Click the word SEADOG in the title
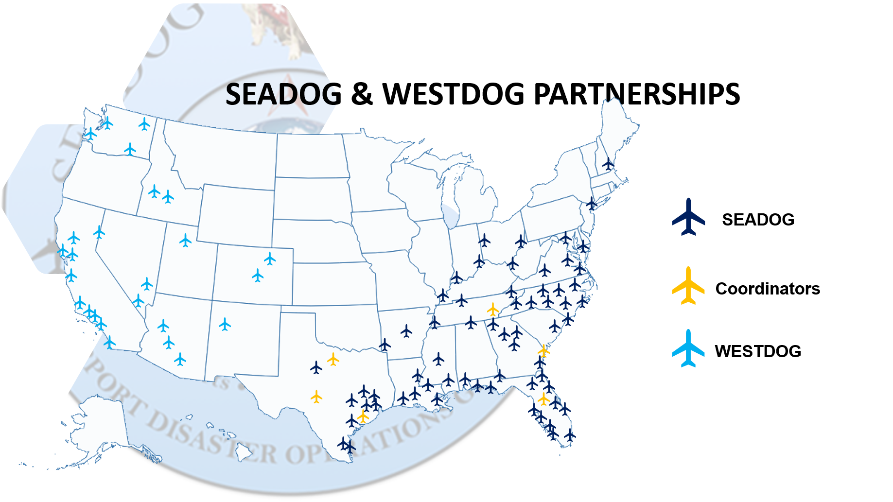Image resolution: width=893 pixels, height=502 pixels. pos(284,94)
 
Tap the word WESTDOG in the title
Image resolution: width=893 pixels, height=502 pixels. pos(454,94)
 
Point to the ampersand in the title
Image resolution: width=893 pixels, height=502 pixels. pos(362,94)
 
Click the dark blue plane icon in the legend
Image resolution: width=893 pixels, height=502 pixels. pos(688,218)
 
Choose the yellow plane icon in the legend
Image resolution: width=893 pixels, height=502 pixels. pos(688,286)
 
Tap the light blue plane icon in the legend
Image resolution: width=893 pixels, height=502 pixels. pos(688,349)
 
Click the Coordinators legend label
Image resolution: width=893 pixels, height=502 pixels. pos(768,289)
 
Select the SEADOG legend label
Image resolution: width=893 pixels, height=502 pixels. pos(758,220)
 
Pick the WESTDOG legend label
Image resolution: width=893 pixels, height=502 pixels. pos(758,351)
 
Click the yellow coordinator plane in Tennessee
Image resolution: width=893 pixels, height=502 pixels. pos(493,309)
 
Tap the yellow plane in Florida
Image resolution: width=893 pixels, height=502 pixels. pos(543,399)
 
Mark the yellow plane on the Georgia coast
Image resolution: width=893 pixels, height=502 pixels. pos(543,350)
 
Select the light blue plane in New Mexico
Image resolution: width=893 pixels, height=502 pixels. pos(225,324)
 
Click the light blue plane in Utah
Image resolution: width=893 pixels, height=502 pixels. pos(185,241)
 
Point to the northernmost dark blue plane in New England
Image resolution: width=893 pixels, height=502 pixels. pos(608,164)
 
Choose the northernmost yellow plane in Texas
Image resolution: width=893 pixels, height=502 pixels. pos(333,359)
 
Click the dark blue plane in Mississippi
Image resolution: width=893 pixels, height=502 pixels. pos(438,359)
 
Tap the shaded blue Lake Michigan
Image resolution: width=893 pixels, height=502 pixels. pos(452,216)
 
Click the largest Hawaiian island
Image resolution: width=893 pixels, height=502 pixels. pos(245,453)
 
